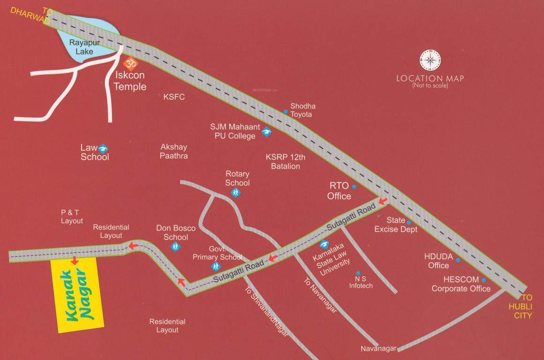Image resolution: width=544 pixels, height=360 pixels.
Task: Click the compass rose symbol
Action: point(430,60)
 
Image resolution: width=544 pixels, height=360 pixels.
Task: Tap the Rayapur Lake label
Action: point(81,46)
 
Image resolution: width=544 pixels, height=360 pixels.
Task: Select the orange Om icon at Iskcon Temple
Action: point(131,63)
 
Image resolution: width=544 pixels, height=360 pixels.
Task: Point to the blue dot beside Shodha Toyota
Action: point(285,112)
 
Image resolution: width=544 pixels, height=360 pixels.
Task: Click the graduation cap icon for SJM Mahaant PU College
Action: point(266,132)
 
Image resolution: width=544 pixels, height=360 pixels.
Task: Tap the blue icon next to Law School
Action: point(103,148)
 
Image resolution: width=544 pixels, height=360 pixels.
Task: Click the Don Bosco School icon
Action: point(175,246)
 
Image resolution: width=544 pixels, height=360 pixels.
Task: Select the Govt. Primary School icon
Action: point(215,266)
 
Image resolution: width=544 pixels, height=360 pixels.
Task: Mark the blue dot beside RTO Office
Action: point(354,187)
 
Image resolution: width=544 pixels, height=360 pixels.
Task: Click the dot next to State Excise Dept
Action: point(408,223)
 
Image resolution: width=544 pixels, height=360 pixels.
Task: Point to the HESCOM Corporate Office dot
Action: point(484,280)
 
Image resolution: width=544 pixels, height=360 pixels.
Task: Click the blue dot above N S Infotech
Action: point(358,273)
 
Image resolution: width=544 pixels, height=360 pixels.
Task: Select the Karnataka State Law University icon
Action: point(324,244)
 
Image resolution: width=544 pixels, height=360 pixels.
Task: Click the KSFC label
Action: point(174,97)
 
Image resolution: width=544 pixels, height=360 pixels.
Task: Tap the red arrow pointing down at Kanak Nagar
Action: point(74,260)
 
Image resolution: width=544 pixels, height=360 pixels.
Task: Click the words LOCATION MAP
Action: point(430,78)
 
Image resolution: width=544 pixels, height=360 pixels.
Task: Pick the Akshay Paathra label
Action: point(174,151)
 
